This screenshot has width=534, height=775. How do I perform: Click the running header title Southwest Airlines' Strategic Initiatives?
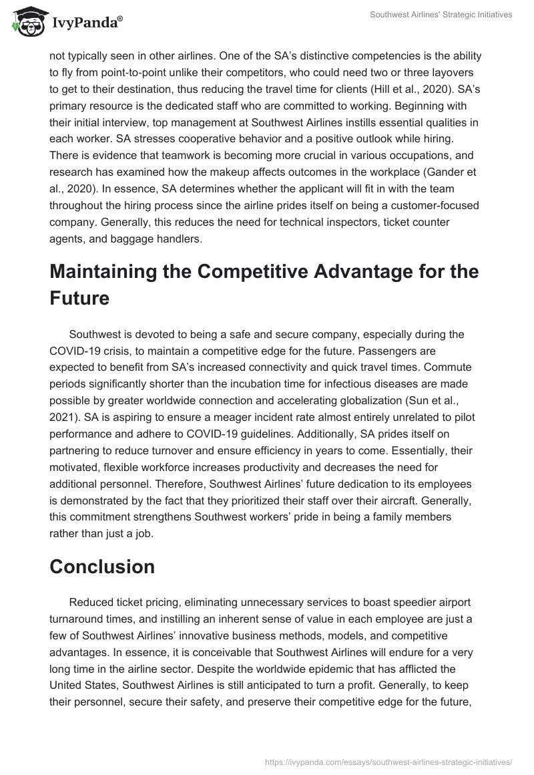click(442, 14)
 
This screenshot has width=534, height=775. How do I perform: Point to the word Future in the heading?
click(80, 297)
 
